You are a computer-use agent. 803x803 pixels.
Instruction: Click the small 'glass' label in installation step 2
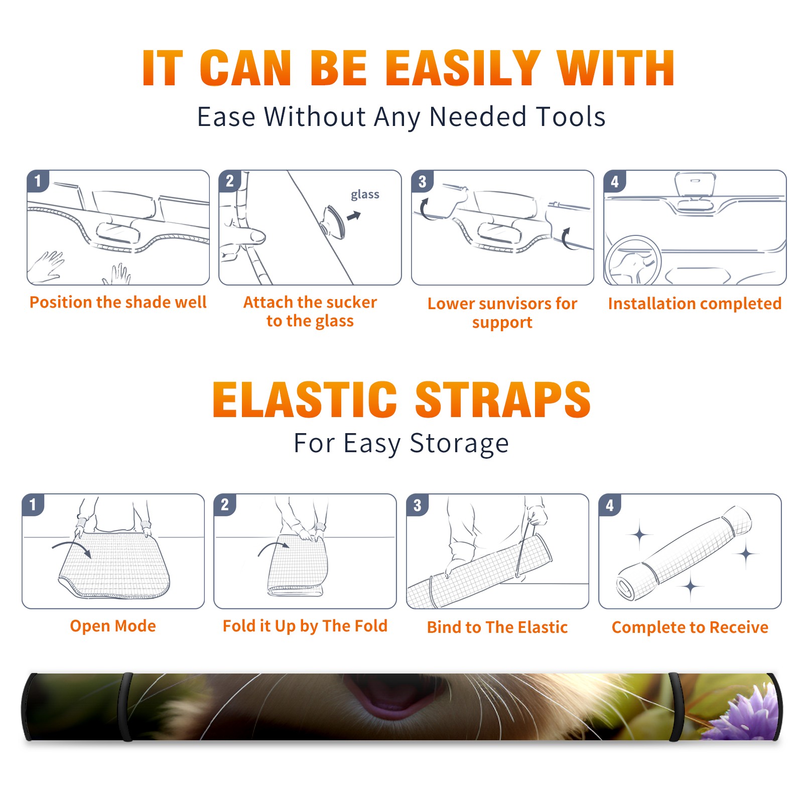point(365,195)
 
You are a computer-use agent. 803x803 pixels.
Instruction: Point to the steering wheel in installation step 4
point(633,260)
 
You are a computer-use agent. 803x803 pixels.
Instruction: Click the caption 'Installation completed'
point(695,304)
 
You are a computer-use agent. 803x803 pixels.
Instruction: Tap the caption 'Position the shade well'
point(118,302)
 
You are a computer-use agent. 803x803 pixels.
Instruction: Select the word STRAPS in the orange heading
point(503,399)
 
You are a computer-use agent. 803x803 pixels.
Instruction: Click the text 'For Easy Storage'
point(401,444)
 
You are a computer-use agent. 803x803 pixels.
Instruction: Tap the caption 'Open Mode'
point(113,626)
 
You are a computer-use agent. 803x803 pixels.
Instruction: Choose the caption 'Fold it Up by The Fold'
point(305,626)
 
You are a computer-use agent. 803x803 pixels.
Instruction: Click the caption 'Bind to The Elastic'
point(497,627)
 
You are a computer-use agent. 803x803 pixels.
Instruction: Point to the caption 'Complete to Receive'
point(690,627)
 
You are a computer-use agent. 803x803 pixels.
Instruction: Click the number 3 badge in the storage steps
point(418,505)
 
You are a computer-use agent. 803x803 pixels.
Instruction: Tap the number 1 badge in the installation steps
point(38,181)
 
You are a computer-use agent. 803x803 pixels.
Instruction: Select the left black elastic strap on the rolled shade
point(127,707)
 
